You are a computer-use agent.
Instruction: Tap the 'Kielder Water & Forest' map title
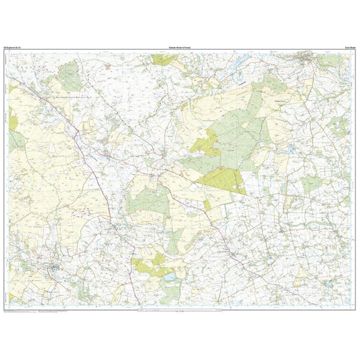pos(179,48)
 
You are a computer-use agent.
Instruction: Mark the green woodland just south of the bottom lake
pos(170,295)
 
